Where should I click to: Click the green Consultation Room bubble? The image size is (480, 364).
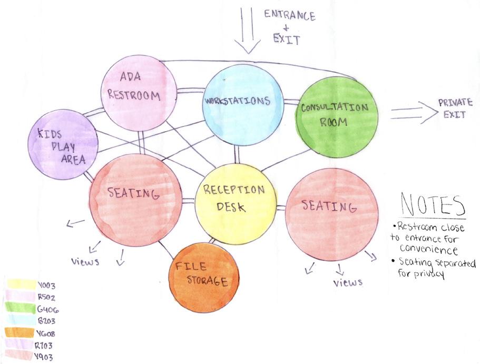336,116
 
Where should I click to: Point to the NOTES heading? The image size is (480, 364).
433,204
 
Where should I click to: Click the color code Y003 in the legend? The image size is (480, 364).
46,286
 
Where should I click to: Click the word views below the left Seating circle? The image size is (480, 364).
85,261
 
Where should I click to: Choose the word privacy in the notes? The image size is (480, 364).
429,274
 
